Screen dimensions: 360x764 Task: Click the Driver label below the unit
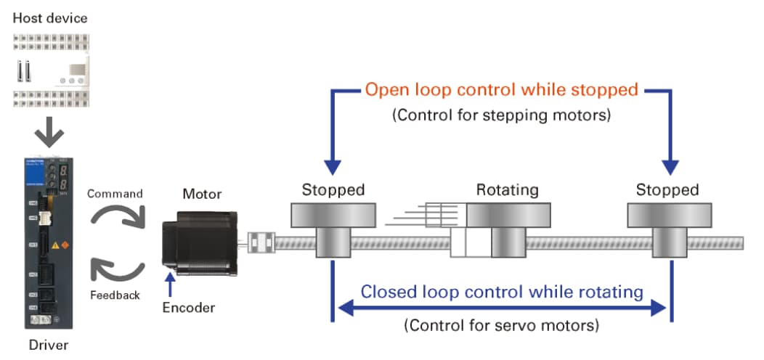[x=48, y=344]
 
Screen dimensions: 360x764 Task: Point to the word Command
[x=114, y=194]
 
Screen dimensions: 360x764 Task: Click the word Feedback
[x=115, y=295]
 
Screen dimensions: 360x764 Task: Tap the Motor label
[x=201, y=194]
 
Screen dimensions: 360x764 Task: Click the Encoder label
[x=189, y=308]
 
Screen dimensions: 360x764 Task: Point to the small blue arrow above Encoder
[x=170, y=285]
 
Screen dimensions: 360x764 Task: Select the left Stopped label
[x=333, y=190]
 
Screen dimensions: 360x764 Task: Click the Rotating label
[x=507, y=190]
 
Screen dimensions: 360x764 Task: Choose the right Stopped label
[x=667, y=190]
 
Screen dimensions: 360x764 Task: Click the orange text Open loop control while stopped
[x=501, y=90]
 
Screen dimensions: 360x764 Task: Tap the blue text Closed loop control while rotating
[x=502, y=292]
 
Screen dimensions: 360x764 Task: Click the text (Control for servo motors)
[x=501, y=324]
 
